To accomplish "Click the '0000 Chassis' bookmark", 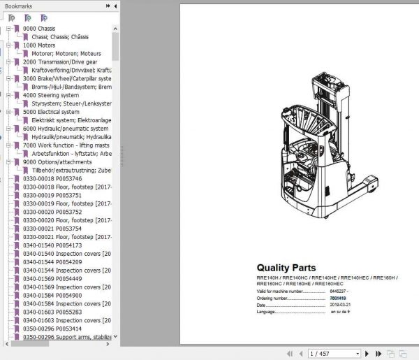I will (39, 29).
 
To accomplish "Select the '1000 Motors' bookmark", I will (38, 45).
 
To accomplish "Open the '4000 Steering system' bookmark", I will (51, 95).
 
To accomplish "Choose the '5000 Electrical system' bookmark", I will (51, 112).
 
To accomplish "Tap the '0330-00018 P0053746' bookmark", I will (52, 178).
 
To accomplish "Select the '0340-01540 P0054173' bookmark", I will (52, 245).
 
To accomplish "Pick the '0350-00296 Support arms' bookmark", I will (66, 337).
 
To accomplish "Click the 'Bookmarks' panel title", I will (19, 6).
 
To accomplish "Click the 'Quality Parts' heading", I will (286, 268).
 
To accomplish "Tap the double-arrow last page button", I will (365, 354).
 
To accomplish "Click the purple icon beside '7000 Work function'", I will (16, 145).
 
